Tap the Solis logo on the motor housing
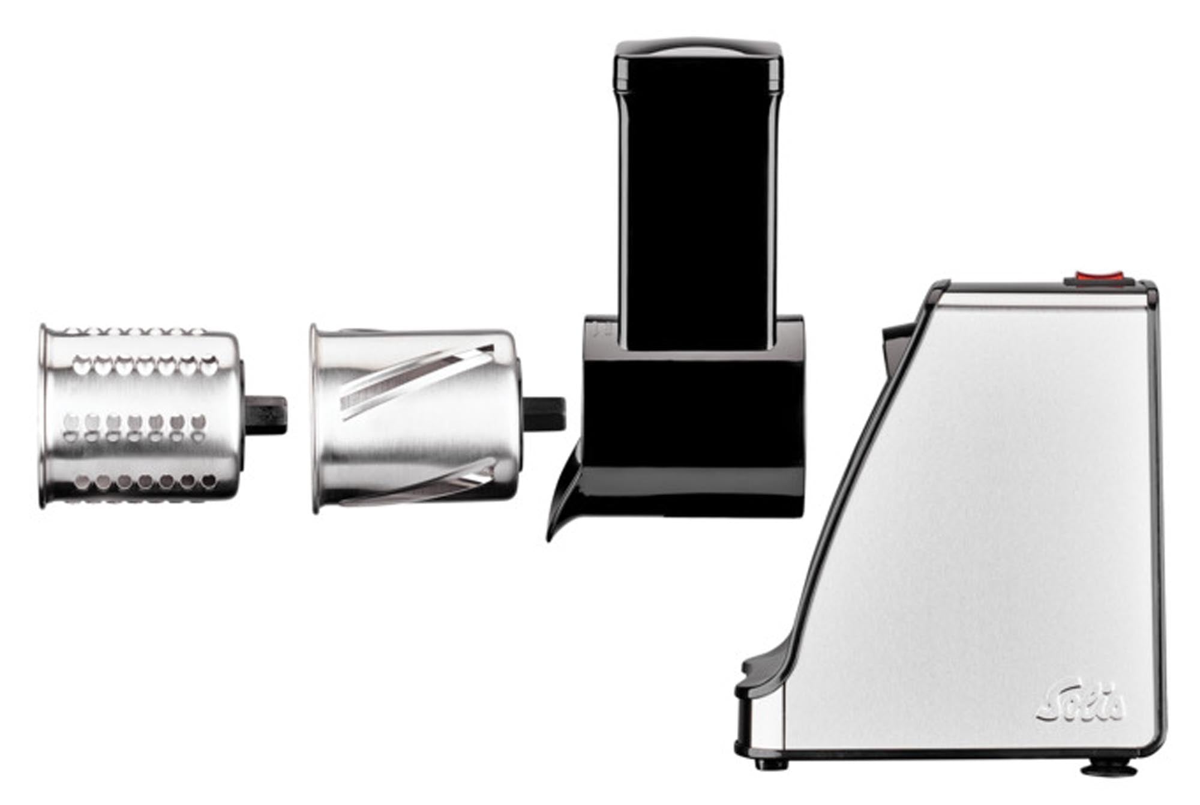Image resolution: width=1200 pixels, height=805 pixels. click(1081, 703)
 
